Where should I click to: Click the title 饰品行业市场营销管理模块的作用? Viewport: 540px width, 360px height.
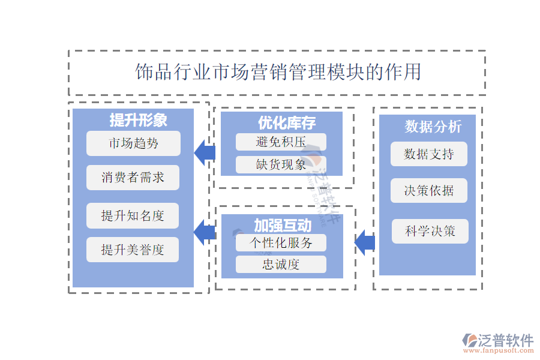point(278,73)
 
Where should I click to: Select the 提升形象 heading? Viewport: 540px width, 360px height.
point(138,120)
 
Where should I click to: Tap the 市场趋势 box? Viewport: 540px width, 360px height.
point(133,143)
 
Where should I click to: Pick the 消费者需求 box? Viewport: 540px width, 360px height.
point(133,178)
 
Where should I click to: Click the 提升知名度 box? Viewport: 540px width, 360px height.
point(133,215)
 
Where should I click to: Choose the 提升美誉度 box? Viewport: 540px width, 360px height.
point(133,250)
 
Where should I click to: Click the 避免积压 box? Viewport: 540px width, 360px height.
point(281,142)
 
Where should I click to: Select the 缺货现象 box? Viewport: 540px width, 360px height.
point(281,164)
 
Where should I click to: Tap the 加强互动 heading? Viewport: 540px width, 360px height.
point(283,226)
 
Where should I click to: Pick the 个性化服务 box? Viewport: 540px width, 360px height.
point(281,242)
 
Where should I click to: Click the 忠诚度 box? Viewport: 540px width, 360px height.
point(281,264)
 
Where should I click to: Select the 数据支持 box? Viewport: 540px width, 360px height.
point(428,154)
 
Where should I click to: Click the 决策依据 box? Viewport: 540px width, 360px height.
point(428,191)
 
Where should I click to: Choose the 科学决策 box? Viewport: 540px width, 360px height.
point(430,231)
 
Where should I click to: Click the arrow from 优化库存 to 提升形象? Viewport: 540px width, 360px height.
point(205,152)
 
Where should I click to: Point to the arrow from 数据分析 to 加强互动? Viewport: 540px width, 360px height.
point(364,242)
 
